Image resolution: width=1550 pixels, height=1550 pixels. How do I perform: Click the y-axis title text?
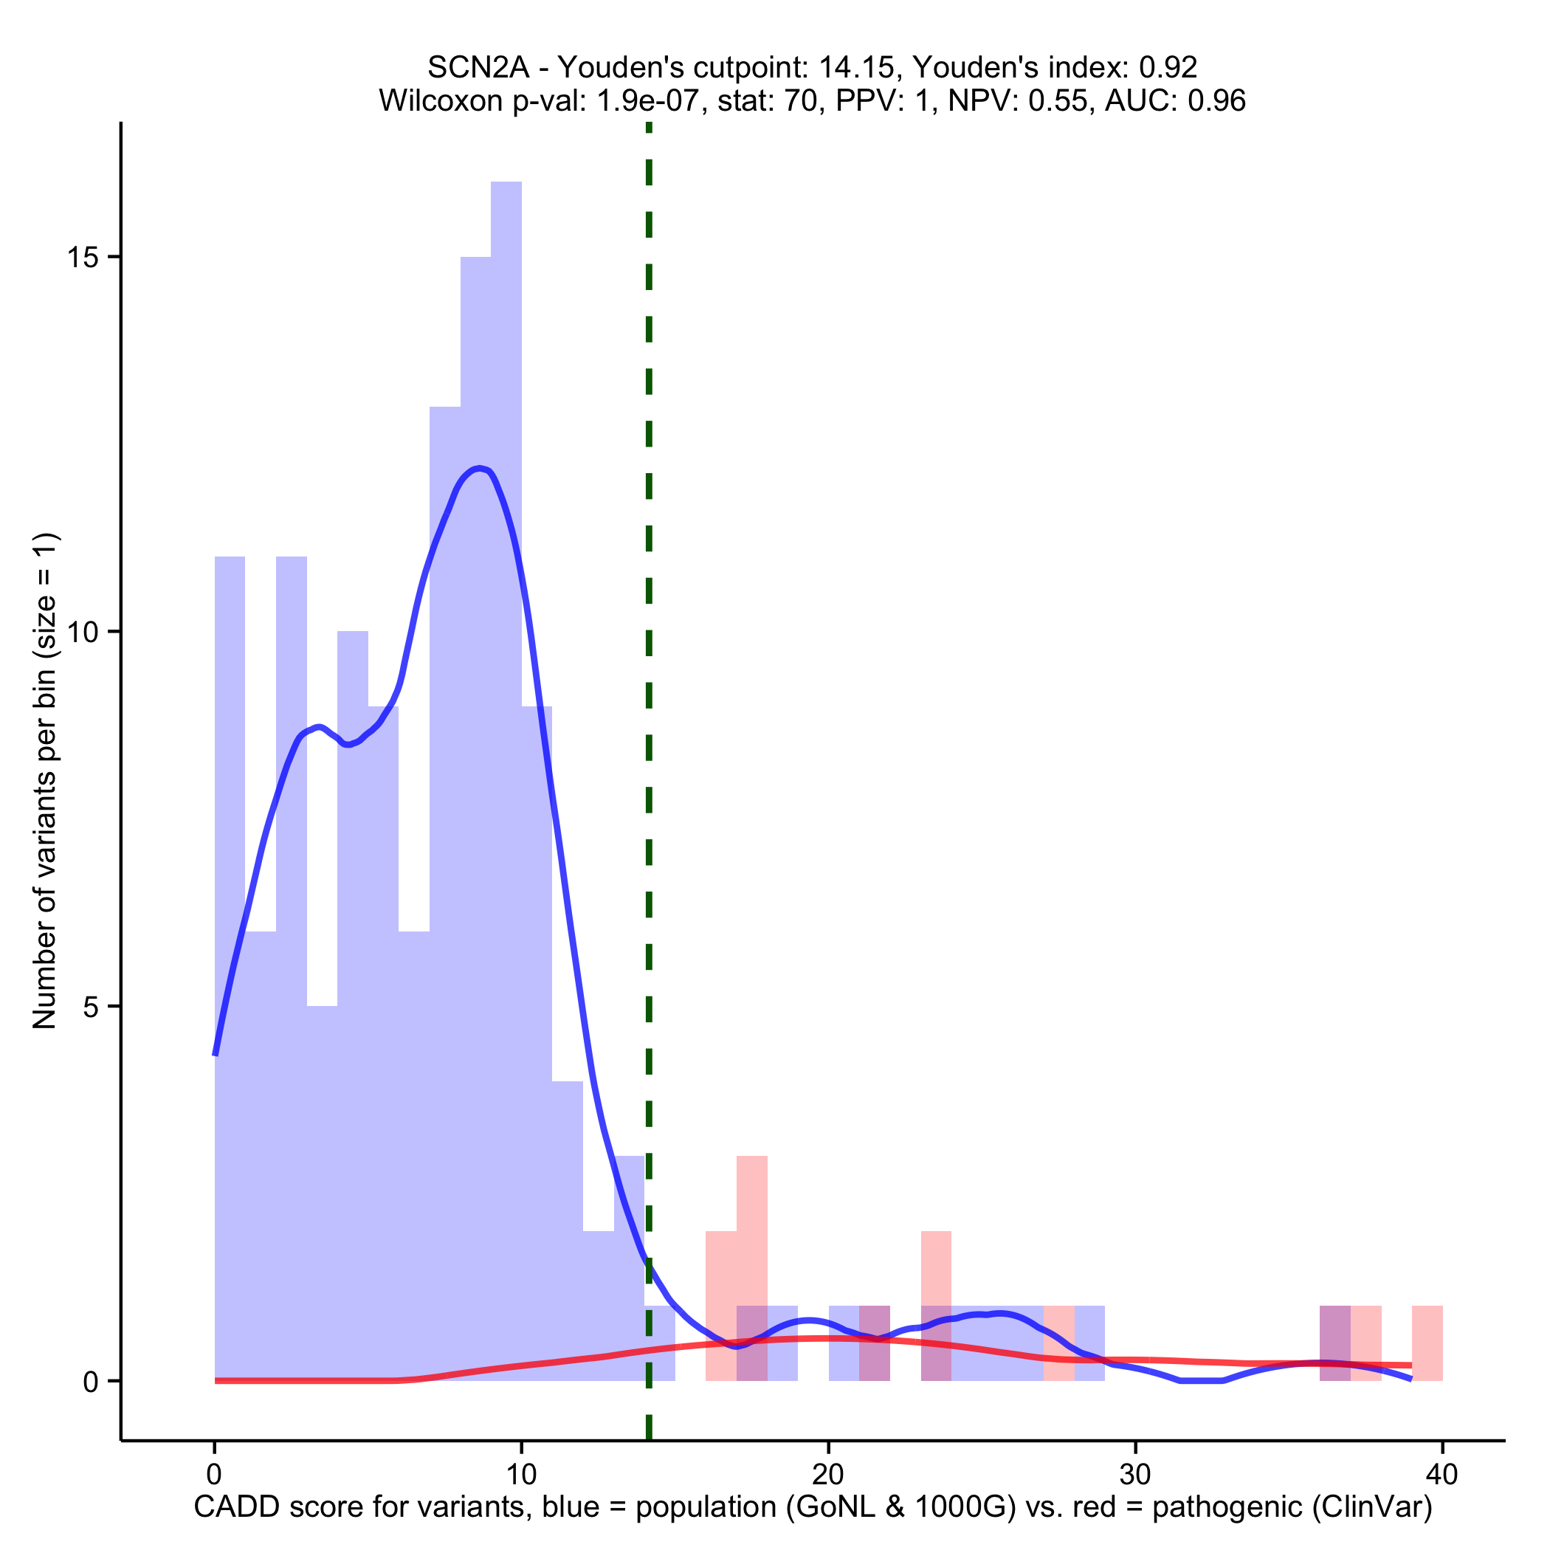(x=45, y=780)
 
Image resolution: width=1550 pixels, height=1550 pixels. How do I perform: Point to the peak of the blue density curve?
(x=479, y=468)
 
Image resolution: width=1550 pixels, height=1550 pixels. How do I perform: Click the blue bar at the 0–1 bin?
(x=230, y=962)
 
